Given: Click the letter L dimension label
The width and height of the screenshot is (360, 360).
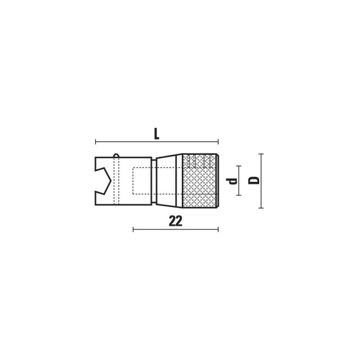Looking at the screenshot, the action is click(156, 134).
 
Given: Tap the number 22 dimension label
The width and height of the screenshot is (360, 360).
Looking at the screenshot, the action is click(175, 221).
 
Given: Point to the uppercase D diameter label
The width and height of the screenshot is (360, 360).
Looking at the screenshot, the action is click(254, 180).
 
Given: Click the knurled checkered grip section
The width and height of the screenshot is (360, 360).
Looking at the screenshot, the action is click(199, 181).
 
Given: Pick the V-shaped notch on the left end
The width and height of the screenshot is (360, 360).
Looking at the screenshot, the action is click(103, 181).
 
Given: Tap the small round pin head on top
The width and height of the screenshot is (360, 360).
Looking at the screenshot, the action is click(117, 156).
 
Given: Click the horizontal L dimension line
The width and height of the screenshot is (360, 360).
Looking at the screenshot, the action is click(157, 142).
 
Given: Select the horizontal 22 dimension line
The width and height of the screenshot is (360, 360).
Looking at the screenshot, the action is click(175, 229).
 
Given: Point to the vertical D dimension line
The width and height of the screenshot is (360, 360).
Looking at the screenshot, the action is click(261, 181).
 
